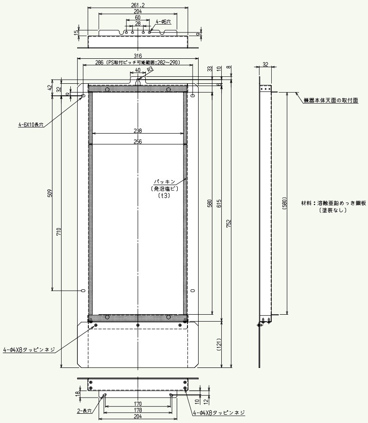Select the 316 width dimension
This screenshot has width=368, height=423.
point(138,56)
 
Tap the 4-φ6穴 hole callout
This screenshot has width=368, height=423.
point(163,22)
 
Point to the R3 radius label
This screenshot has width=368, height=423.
point(150,69)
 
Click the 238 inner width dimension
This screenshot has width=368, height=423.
point(138,131)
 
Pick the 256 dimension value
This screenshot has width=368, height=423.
point(138,142)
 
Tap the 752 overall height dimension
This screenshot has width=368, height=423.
point(229,223)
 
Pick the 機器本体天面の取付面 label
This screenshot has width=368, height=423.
point(331,100)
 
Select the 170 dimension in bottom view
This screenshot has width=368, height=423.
point(138,404)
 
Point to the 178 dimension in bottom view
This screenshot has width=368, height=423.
point(138,410)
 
